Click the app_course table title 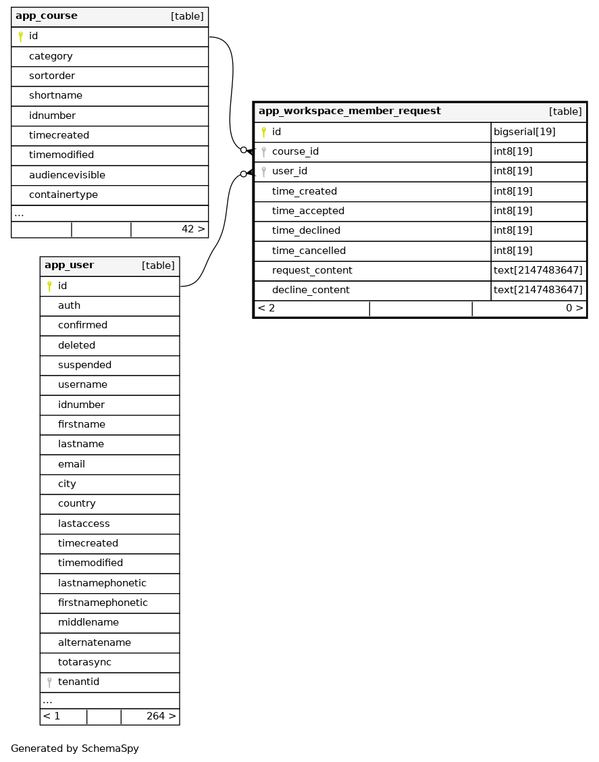47,16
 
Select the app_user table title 69,265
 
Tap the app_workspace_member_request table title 349,111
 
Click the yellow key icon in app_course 20,36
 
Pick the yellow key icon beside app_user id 49,286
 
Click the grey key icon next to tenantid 49,682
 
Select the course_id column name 295,152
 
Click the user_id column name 290,172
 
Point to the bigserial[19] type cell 524,132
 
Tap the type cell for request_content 538,271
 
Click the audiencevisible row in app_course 67,176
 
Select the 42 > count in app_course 193,230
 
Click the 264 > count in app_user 161,717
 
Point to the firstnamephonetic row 103,603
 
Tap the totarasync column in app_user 84,663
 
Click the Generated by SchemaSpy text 74,749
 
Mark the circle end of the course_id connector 243,150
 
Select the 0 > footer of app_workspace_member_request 574,309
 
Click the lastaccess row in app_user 84,524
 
